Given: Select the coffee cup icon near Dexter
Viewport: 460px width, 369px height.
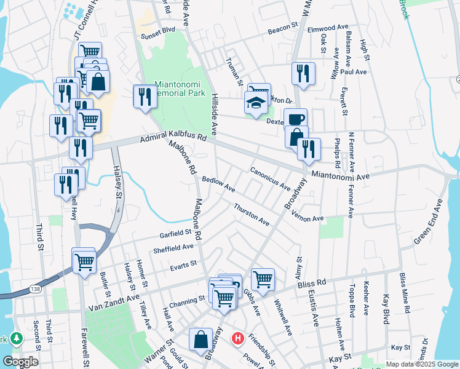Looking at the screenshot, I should (295, 118).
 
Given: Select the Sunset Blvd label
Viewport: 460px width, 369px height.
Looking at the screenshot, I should (159, 29).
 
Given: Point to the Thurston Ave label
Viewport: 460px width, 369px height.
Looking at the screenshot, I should (252, 213).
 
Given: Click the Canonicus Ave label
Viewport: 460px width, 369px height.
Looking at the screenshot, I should (270, 177).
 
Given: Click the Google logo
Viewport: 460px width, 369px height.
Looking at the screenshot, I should (20, 362).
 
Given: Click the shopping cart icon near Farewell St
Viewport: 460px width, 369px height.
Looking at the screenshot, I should (84, 260).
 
